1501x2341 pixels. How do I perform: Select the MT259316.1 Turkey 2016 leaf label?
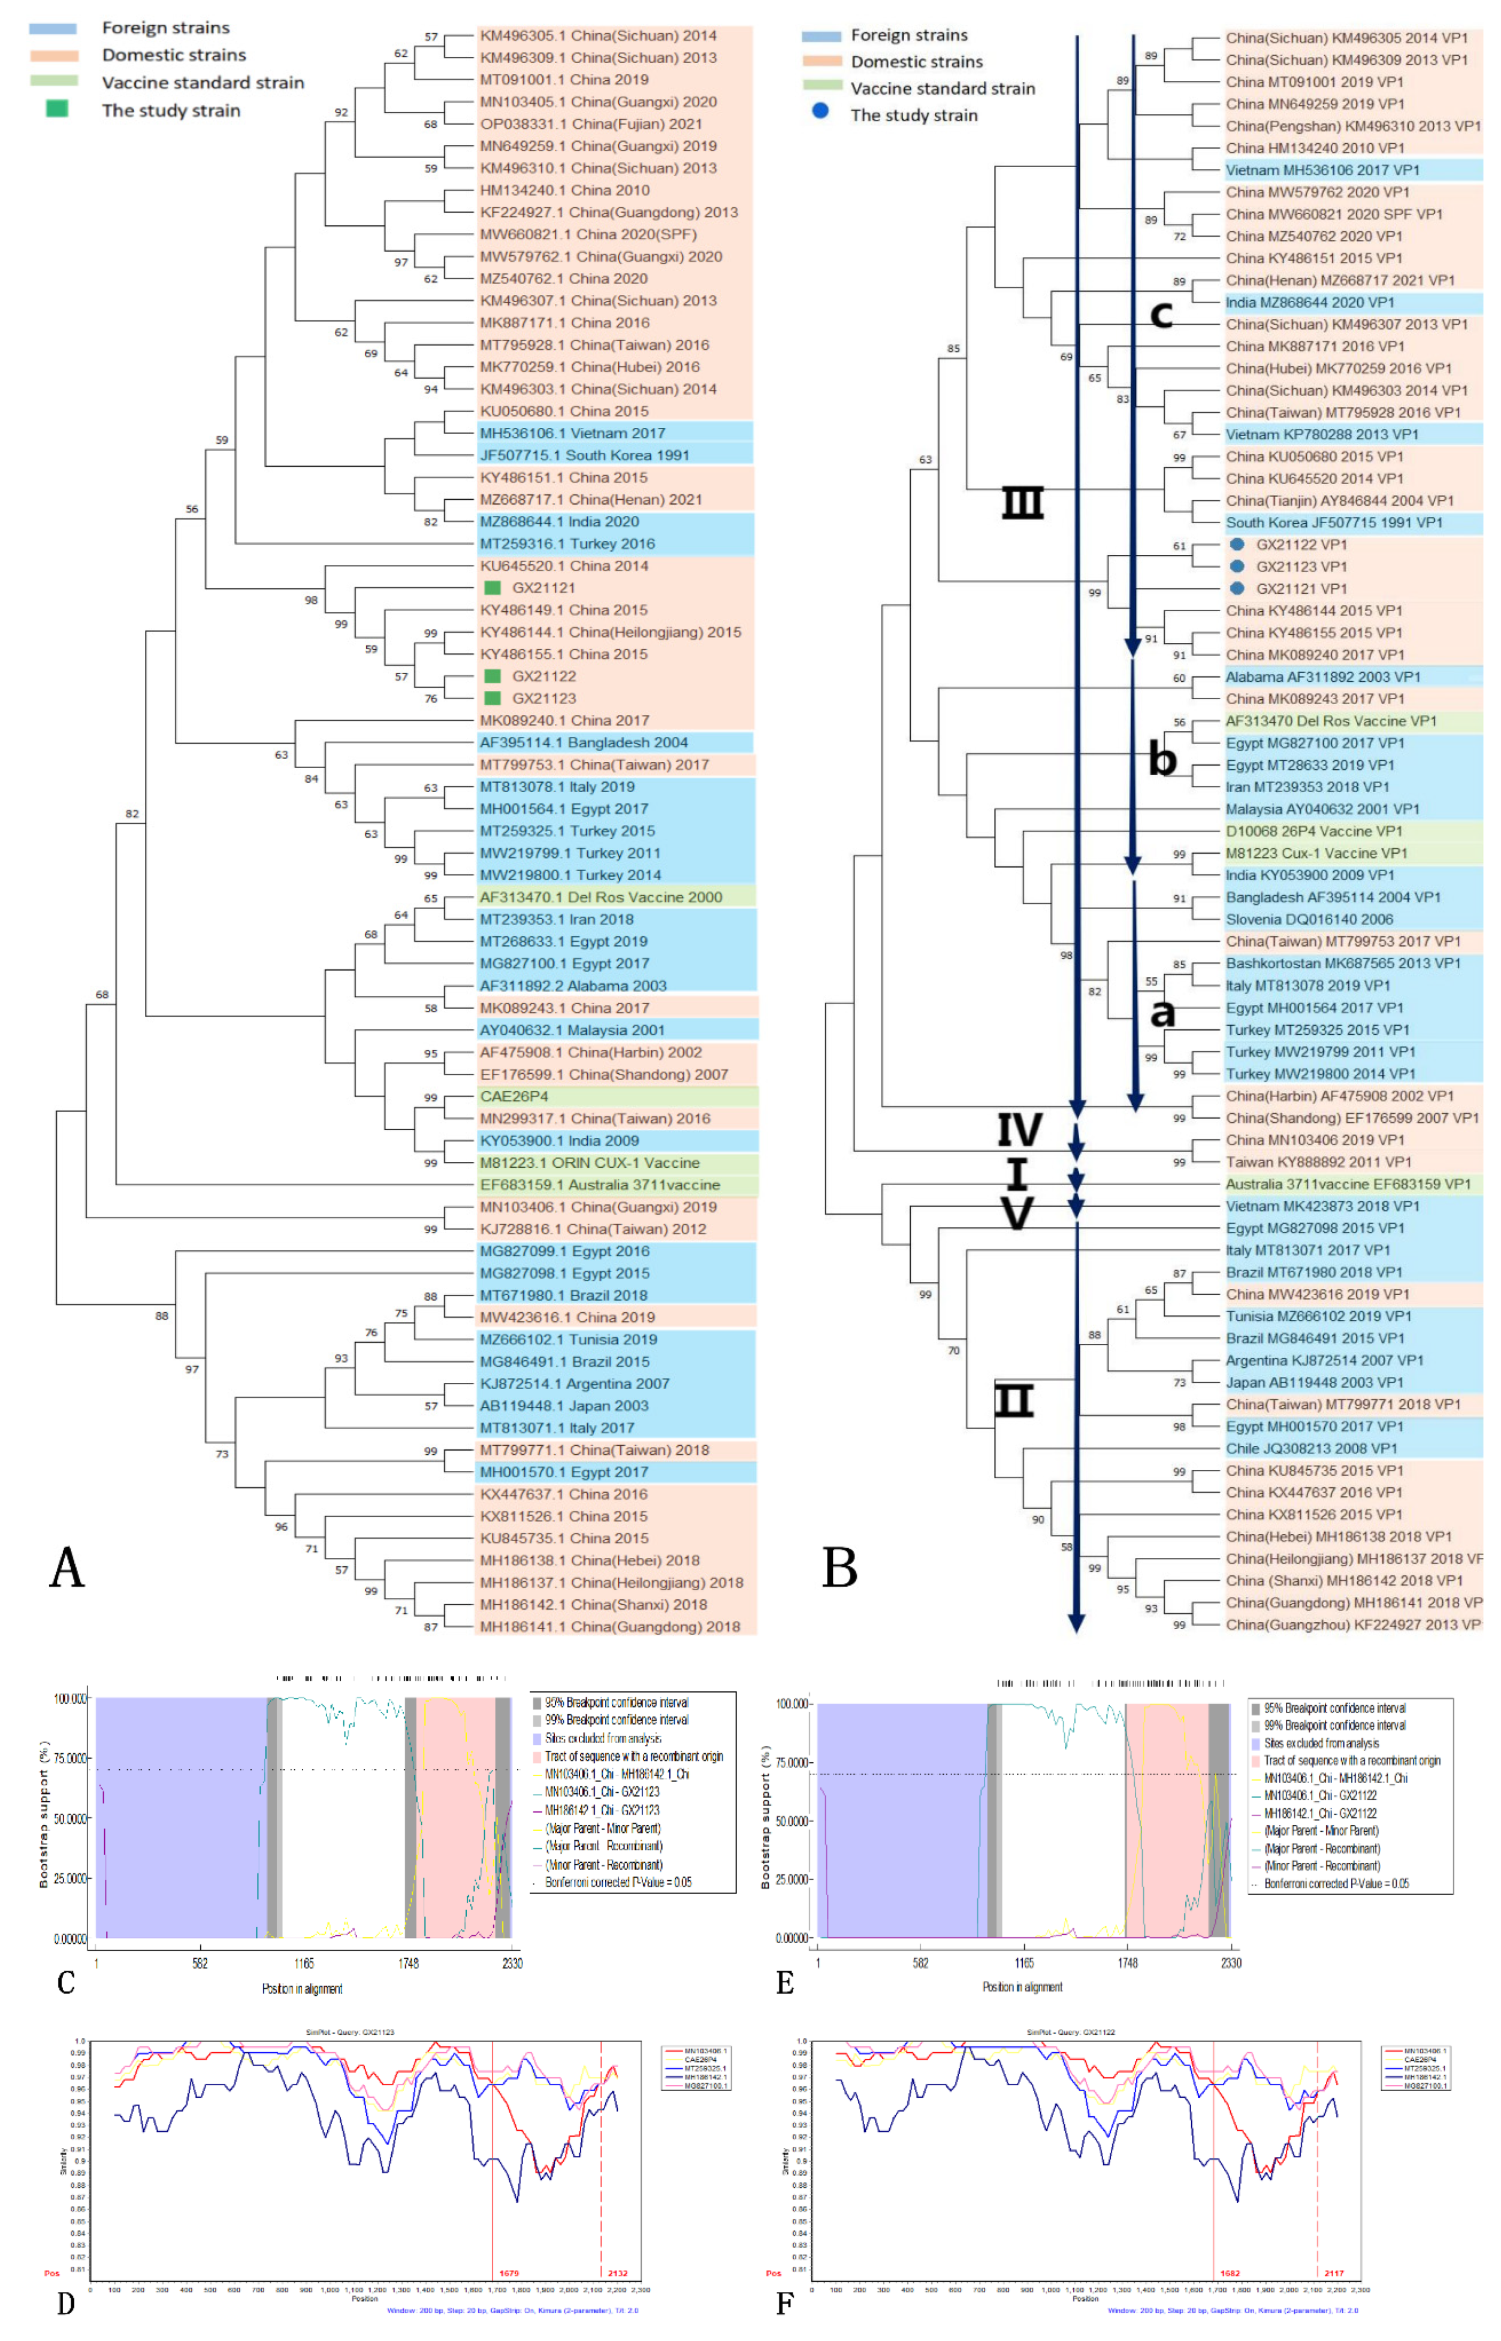click(566, 544)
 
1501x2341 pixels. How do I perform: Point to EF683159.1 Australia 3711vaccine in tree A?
click(599, 1185)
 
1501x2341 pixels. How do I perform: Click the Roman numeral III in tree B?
click(1022, 503)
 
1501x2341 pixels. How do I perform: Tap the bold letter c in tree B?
click(1161, 314)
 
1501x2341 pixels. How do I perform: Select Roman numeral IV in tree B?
click(1019, 1131)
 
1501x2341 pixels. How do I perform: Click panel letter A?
click(67, 1568)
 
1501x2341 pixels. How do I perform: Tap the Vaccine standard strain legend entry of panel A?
click(203, 83)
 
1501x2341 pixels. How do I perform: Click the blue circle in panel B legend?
click(821, 111)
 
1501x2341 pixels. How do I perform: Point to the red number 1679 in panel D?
click(509, 2274)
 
